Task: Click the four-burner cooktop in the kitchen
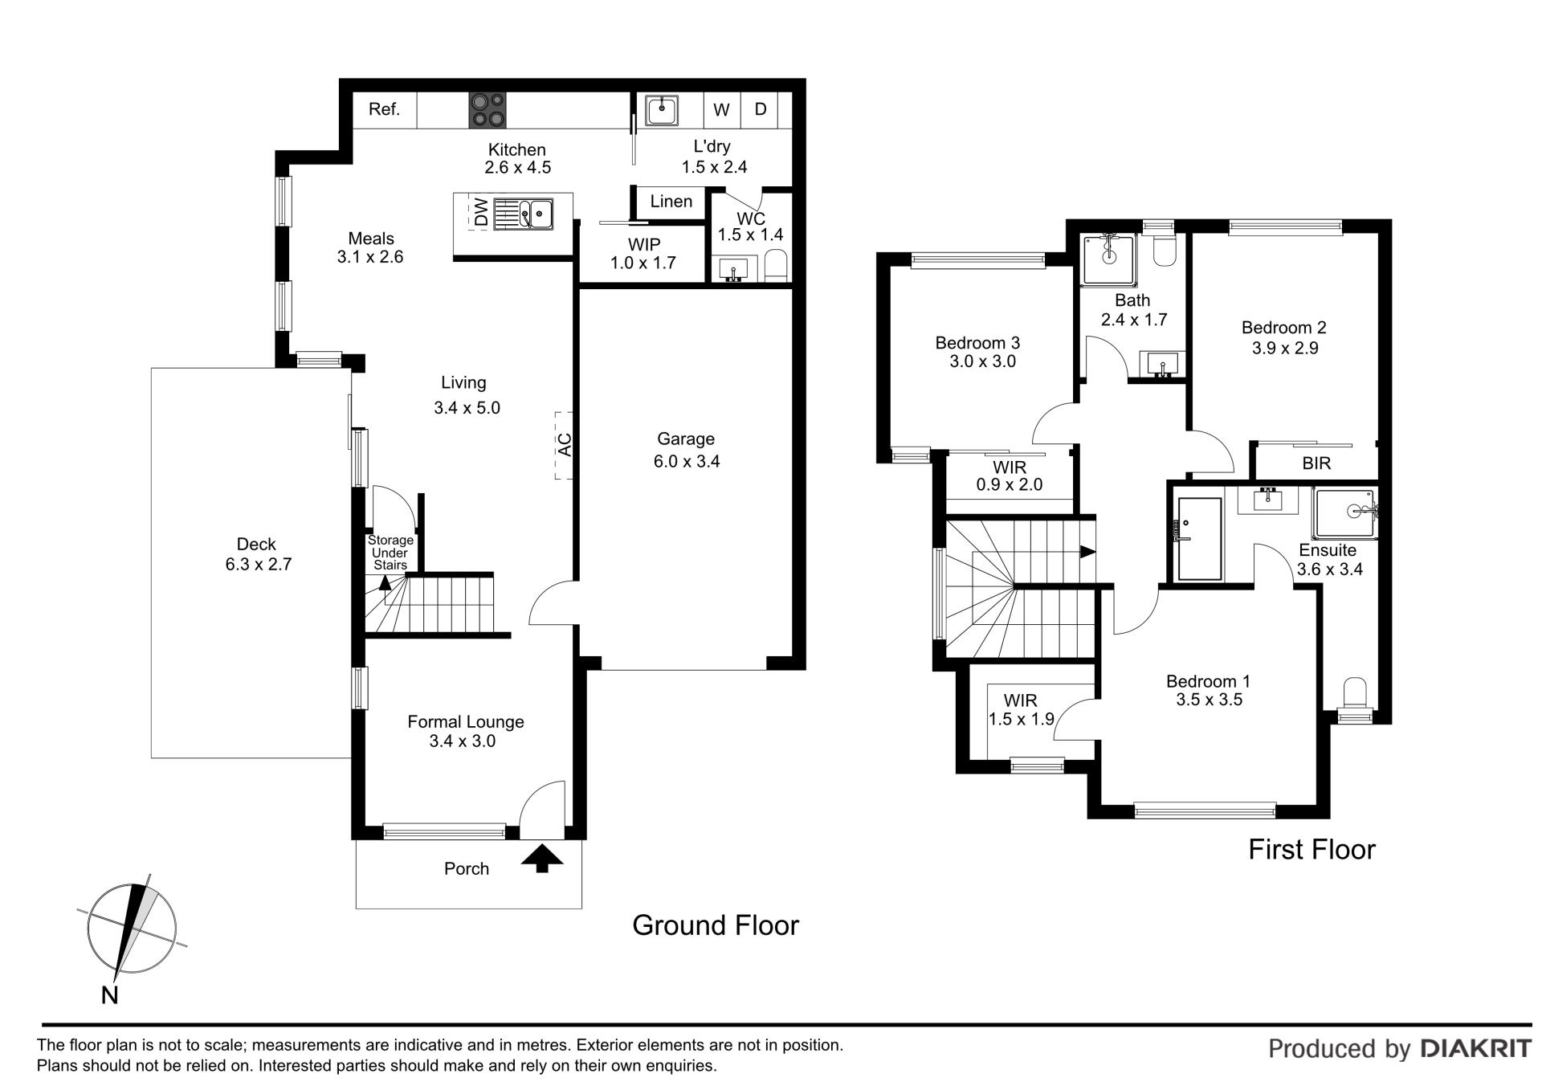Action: pyautogui.click(x=488, y=110)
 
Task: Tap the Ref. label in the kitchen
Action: pyautogui.click(x=384, y=109)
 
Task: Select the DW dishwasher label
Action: pyautogui.click(x=481, y=212)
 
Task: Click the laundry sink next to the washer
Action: pyautogui.click(x=663, y=110)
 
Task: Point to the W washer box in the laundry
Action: pyautogui.click(x=722, y=110)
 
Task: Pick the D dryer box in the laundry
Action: pyautogui.click(x=760, y=109)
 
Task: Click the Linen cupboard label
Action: pyautogui.click(x=671, y=202)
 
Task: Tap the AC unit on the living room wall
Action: pyautogui.click(x=565, y=445)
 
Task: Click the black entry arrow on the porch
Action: pyautogui.click(x=542, y=857)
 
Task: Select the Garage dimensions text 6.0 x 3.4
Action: pyautogui.click(x=687, y=461)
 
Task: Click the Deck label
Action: pyautogui.click(x=257, y=545)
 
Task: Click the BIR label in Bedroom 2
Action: pyautogui.click(x=1316, y=463)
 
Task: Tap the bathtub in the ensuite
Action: pyautogui.click(x=1199, y=538)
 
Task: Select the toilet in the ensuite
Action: pyautogui.click(x=1355, y=692)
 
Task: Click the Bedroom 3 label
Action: pyautogui.click(x=977, y=343)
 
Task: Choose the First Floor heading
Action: pyautogui.click(x=1312, y=850)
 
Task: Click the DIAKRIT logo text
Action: pyautogui.click(x=1476, y=1048)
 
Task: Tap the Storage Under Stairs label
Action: pyautogui.click(x=390, y=553)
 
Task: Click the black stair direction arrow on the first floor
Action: pyautogui.click(x=1087, y=552)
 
